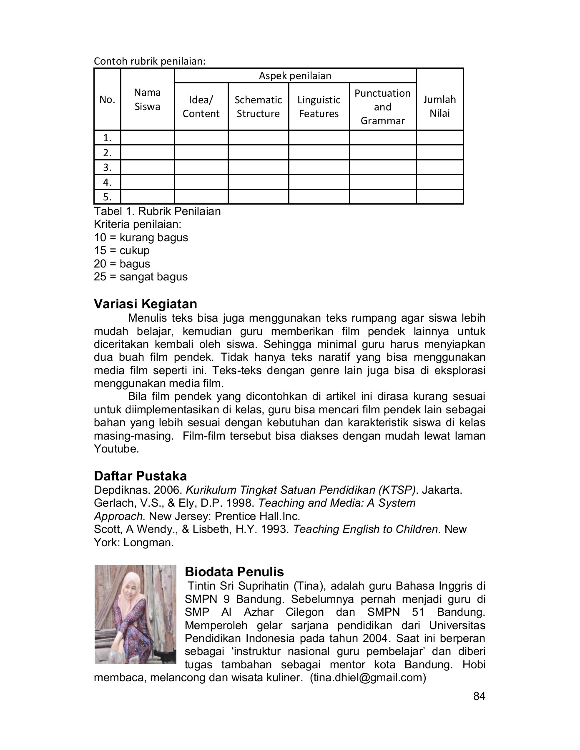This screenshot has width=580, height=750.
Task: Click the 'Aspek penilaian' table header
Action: point(295,76)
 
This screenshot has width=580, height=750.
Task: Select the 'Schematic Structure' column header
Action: point(258,107)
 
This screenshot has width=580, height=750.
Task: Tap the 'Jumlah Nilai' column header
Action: point(439,106)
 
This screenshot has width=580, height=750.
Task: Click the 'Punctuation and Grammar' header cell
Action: point(382,107)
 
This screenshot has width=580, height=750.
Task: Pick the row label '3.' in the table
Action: point(107,167)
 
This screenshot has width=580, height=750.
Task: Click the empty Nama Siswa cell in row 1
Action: point(147,137)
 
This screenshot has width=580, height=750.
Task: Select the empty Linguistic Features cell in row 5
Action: point(319,197)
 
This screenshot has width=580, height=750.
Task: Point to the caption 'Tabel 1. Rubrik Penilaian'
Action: point(157,211)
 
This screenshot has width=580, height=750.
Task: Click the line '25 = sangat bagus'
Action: point(141,277)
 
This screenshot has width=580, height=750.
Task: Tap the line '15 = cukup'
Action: point(121,250)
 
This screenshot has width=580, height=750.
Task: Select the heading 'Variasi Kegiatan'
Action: point(146,304)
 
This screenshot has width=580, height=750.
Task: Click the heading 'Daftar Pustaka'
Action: point(140,476)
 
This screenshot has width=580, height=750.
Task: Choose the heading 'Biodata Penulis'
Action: point(234,571)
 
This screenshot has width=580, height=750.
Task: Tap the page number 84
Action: point(480,697)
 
